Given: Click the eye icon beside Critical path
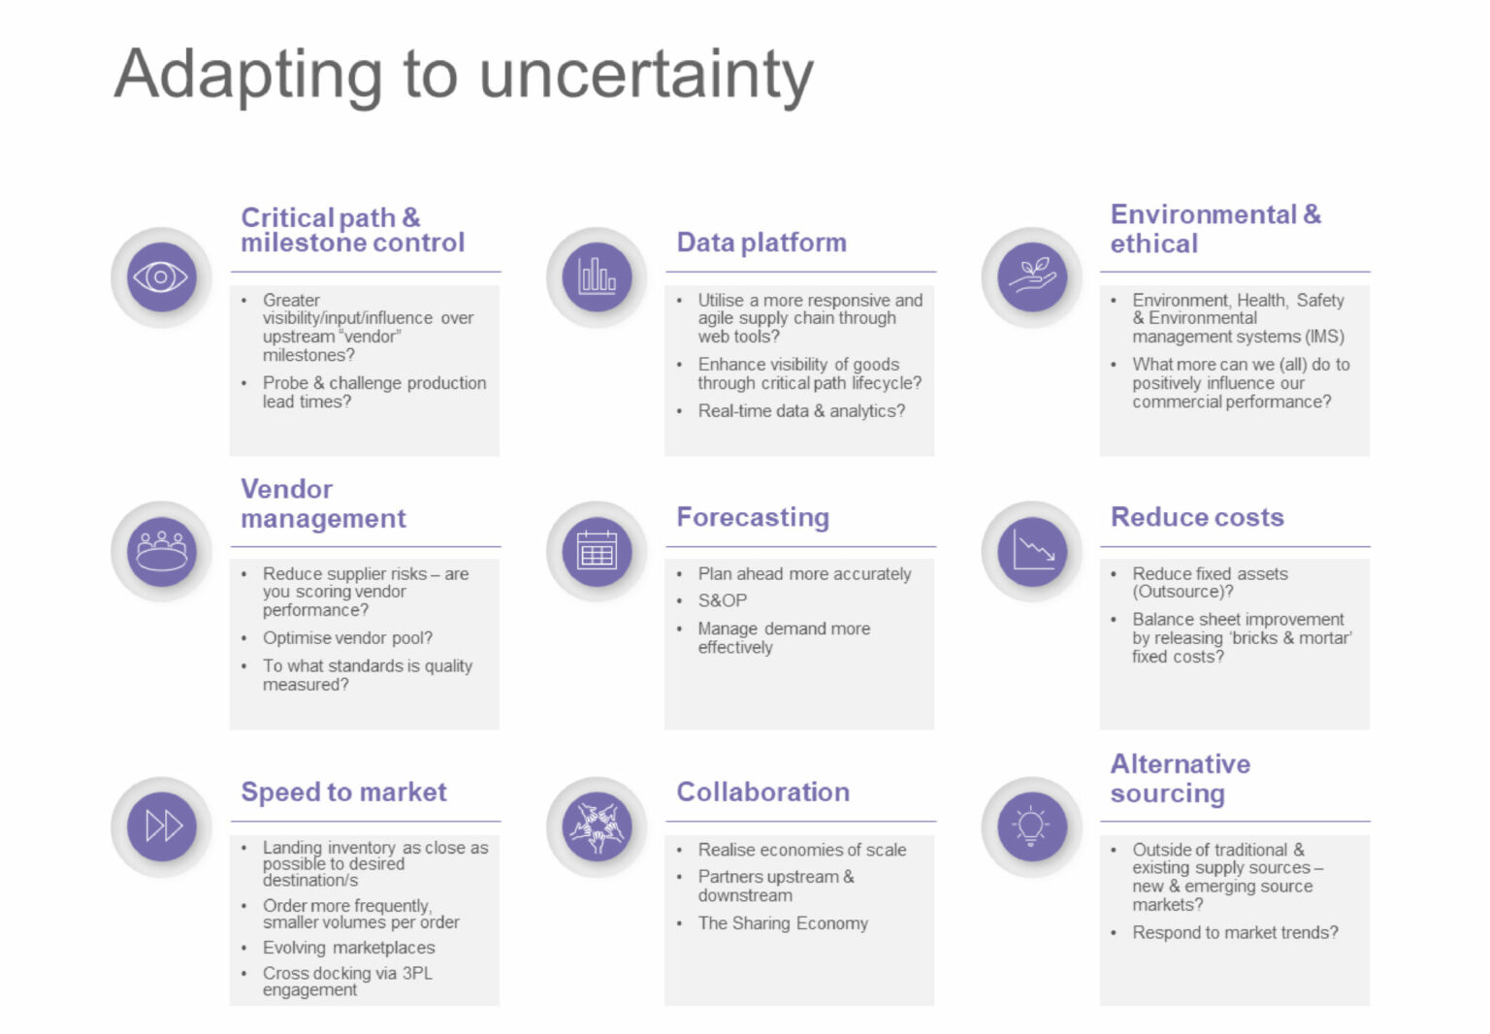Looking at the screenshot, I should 161,277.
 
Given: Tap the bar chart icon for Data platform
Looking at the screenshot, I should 597,277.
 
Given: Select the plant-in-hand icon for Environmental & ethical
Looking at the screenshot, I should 1031,277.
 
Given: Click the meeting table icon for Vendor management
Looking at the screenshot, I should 161,551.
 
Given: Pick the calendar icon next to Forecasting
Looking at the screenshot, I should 597,551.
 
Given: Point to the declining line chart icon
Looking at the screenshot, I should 1031,551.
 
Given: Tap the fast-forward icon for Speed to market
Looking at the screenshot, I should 161,826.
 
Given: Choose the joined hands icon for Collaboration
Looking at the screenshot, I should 597,826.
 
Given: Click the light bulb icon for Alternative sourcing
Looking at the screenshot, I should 1031,826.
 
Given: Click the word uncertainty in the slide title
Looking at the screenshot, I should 646,76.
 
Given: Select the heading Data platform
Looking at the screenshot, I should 761,242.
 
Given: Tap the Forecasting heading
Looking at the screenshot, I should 753,517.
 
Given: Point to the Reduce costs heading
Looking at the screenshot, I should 1197,517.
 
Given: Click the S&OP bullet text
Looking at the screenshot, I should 723,600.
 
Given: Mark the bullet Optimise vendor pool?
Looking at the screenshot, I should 347,638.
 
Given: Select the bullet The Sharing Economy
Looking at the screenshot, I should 783,923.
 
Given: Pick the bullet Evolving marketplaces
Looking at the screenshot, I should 348,948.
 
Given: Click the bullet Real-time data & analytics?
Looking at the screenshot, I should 801,411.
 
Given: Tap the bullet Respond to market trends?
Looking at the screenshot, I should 1235,932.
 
